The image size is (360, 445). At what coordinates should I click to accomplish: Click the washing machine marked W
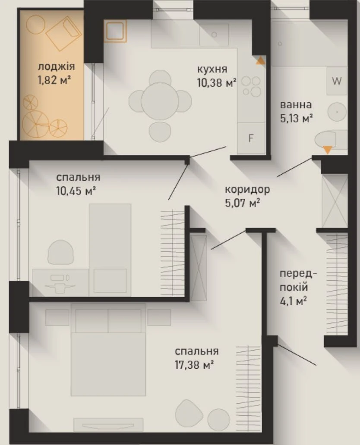(337, 81)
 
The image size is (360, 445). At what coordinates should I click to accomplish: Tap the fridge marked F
(251, 138)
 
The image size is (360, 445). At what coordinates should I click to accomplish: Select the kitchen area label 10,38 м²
(217, 83)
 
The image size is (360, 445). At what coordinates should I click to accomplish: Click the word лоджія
(56, 67)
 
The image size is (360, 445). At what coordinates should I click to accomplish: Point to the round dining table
(160, 101)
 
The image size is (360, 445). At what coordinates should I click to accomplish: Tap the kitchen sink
(214, 34)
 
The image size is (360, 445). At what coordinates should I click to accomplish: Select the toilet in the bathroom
(330, 140)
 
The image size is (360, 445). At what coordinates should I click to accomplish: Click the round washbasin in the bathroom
(337, 112)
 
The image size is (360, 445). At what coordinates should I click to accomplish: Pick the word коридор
(247, 189)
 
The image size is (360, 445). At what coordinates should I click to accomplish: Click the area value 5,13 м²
(297, 118)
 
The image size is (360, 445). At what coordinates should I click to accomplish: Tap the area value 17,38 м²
(194, 364)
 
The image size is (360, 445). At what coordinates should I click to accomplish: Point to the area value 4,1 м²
(293, 301)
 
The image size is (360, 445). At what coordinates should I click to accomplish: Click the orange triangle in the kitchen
(260, 60)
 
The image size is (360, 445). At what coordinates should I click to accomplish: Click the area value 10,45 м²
(75, 191)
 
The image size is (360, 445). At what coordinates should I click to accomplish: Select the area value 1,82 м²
(54, 80)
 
